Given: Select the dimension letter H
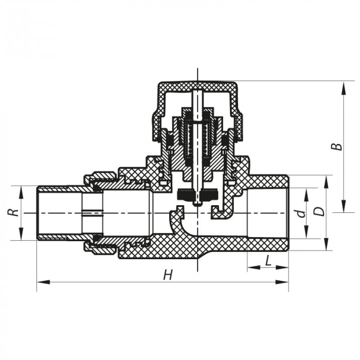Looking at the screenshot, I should click(167, 275).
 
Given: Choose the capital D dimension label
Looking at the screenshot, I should click(320, 212).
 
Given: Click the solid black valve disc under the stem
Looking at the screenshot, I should click(197, 195).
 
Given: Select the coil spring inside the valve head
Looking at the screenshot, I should click(197, 137).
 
